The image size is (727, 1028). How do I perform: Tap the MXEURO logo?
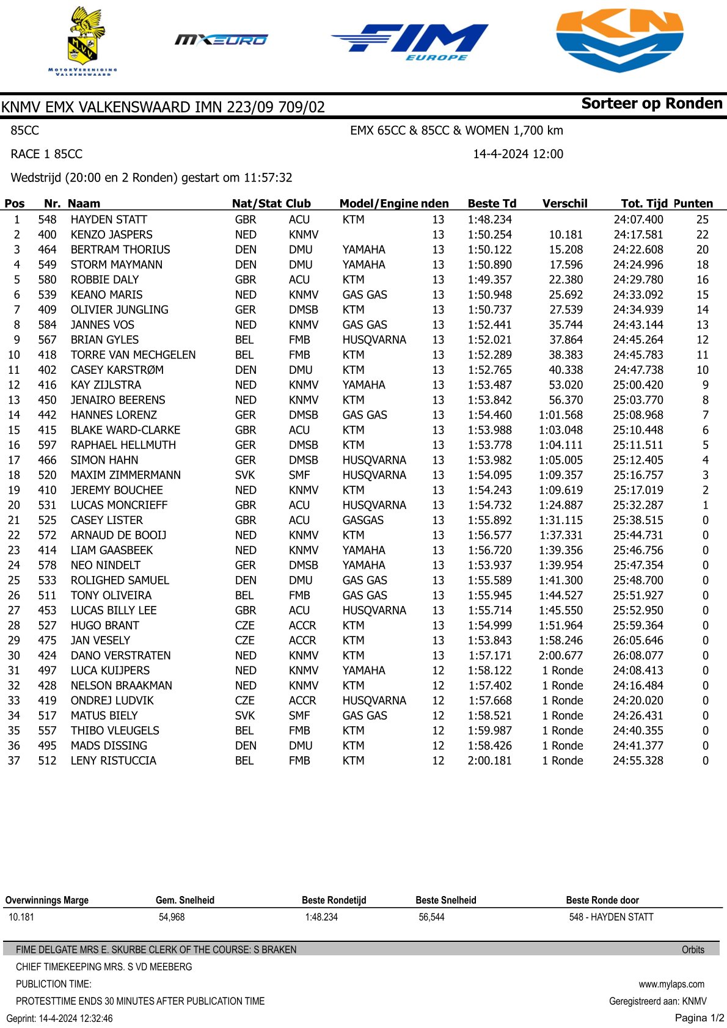221,40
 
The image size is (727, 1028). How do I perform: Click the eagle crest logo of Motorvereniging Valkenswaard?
84,40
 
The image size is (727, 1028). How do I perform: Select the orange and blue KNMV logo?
619,40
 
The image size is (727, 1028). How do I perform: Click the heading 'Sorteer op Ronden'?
651,103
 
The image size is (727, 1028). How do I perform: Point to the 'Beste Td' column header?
492,203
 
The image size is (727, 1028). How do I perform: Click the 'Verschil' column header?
564,203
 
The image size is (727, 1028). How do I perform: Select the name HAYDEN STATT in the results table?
109,219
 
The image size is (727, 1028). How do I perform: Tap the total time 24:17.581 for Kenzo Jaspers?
638,235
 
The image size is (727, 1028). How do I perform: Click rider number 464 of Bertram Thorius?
47,249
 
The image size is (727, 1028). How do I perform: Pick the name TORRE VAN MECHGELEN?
133,355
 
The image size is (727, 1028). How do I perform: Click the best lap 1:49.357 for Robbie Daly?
490,279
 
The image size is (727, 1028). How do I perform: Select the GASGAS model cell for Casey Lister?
363,520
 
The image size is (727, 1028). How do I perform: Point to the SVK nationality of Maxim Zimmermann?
245,475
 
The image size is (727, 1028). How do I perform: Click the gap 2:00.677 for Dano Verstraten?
561,655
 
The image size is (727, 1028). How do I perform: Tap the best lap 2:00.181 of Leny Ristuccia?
490,760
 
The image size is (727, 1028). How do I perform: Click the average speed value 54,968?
172,917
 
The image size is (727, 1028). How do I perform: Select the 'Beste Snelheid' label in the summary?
445,900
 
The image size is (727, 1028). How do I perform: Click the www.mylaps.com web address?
671,984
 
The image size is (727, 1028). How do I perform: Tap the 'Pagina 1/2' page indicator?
699,1018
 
